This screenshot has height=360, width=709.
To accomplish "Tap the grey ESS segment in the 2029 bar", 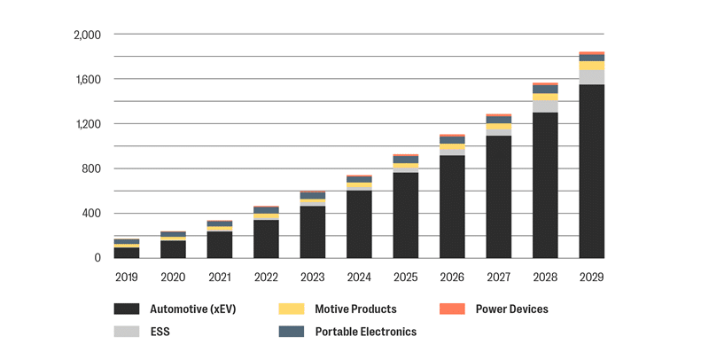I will click(x=591, y=77).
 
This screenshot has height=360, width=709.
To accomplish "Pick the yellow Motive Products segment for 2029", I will click(x=591, y=66).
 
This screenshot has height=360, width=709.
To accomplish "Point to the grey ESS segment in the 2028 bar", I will click(x=545, y=106).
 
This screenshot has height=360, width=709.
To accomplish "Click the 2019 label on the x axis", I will click(x=127, y=277).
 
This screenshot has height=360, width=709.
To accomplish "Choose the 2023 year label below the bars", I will click(x=313, y=277).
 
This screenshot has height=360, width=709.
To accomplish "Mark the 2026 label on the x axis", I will click(x=452, y=277).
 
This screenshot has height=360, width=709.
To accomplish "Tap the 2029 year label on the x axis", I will click(x=591, y=277).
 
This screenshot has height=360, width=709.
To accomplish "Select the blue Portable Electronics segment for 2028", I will click(x=545, y=89).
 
